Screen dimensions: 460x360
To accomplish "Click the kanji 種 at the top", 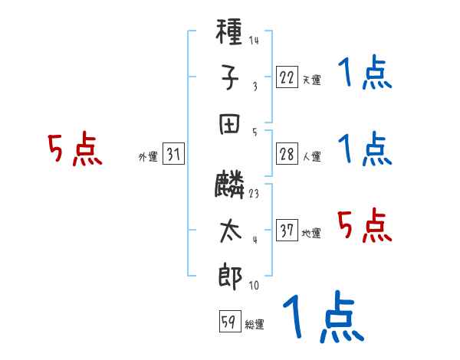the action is (228, 31).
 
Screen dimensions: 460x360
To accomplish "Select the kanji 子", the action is (230, 77).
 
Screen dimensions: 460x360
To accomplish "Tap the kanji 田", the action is (229, 124).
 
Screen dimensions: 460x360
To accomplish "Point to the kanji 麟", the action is (229, 184).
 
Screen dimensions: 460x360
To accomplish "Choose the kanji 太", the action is (230, 231).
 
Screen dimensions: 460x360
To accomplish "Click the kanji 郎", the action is (230, 277).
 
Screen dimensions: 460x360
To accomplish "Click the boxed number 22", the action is (287, 77).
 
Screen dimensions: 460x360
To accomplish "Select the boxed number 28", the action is (287, 154).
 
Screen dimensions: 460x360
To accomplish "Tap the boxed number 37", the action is (287, 230).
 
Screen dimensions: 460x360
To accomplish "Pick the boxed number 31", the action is (173, 153).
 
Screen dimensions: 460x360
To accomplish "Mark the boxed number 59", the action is (230, 321).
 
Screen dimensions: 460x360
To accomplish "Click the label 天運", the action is (312, 80).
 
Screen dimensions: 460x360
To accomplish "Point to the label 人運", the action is (312, 156).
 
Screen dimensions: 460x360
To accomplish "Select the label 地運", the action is (311, 233).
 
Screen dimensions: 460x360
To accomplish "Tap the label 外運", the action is (148, 156).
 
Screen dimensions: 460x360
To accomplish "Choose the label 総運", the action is (255, 325).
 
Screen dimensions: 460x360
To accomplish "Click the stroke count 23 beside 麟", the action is (254, 194).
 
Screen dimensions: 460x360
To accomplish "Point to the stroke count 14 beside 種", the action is (254, 40).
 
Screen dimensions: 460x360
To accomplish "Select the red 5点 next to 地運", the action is (365, 225).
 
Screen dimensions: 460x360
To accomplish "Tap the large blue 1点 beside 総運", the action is (324, 316).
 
